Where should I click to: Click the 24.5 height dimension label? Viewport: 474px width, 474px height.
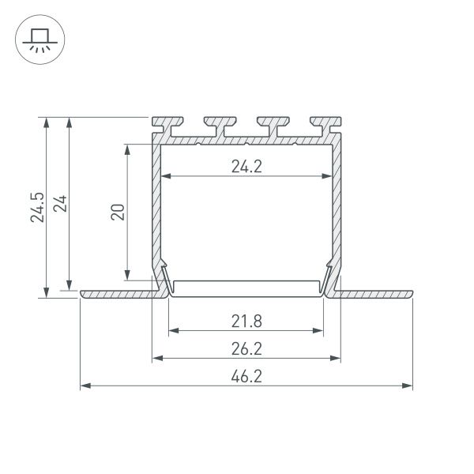[x=37, y=207]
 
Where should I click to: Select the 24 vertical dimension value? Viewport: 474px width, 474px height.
[x=60, y=204]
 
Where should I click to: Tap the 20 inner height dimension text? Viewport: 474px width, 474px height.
[x=118, y=212]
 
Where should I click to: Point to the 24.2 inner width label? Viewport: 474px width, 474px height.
[x=246, y=166]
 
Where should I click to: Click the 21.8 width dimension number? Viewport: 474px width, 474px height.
[x=246, y=321]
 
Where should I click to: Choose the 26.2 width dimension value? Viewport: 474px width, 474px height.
[x=246, y=348]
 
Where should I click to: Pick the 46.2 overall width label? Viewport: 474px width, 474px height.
[x=246, y=377]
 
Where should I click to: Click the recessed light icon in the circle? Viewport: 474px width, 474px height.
[x=40, y=39]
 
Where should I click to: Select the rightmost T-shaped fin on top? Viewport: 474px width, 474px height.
[x=326, y=126]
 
